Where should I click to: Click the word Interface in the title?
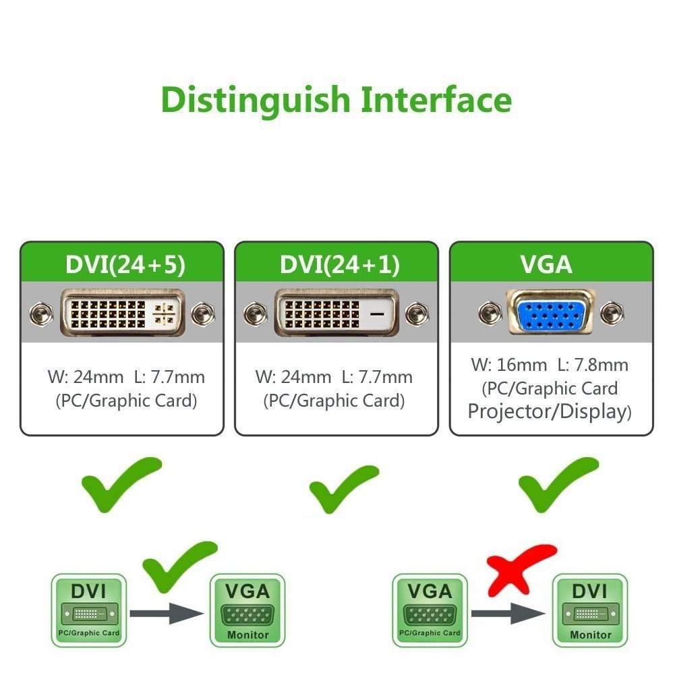pyautogui.click(x=436, y=99)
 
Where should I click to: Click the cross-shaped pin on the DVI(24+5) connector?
pyautogui.click(x=165, y=313)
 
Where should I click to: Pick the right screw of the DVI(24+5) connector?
pyautogui.click(x=202, y=314)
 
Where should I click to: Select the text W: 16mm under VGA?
pyautogui.click(x=508, y=365)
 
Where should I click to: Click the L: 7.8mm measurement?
pyautogui.click(x=593, y=365)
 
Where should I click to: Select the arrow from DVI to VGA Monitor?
pyautogui.click(x=166, y=613)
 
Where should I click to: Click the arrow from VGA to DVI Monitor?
pyautogui.click(x=508, y=613)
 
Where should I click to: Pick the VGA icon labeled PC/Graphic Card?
pyautogui.click(x=430, y=608)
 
